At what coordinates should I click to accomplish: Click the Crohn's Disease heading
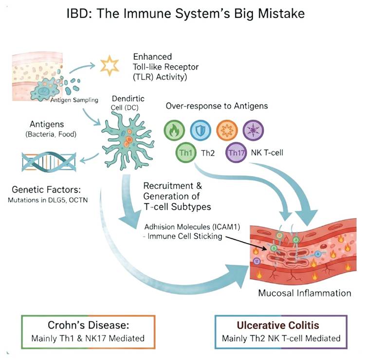click(x=87, y=324)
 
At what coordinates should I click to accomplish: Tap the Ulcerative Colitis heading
click(x=282, y=324)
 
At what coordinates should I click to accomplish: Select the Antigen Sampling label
click(x=74, y=100)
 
